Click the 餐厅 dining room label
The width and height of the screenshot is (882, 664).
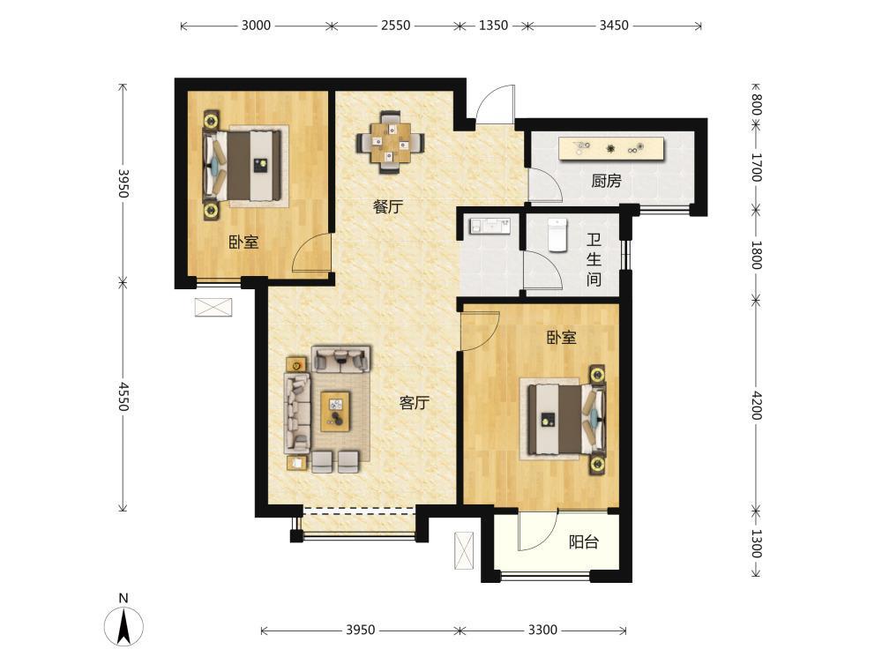[x=388, y=206]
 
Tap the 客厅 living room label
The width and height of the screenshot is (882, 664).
[x=415, y=403]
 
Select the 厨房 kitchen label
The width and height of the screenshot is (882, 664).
[x=607, y=181]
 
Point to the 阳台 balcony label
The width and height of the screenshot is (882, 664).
[x=583, y=542]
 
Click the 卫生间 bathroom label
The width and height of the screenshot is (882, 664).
[x=594, y=260]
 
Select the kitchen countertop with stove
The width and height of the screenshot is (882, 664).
[x=611, y=149]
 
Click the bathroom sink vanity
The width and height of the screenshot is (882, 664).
[x=490, y=226]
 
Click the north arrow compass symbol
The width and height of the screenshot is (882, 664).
[x=123, y=625]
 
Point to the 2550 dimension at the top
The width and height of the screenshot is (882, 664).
[x=396, y=26]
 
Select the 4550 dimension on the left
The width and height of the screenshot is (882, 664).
[x=123, y=397]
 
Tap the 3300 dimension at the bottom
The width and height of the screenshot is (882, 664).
[x=542, y=630]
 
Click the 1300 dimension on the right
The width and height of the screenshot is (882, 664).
[x=757, y=543]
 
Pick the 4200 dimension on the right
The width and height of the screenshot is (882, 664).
[x=757, y=405]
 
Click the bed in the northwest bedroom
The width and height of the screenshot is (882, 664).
[x=243, y=166]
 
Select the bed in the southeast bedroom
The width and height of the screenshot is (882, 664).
[x=566, y=419]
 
